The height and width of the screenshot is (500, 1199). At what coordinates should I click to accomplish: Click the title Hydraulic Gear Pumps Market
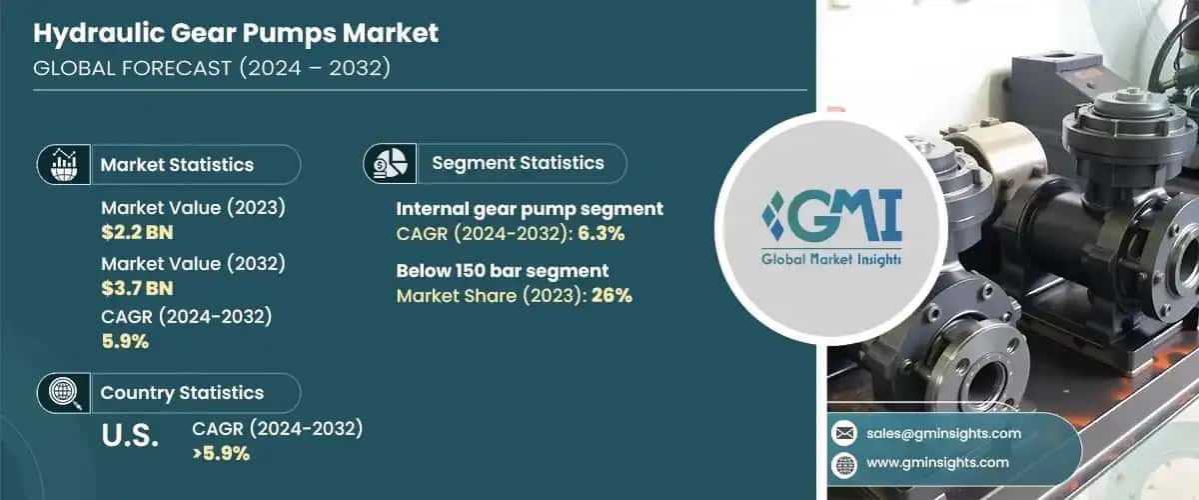pos(236,34)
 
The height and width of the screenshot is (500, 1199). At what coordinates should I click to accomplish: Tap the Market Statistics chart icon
pos(64,164)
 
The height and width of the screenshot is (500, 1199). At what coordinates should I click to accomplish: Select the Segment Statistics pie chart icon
pos(390,162)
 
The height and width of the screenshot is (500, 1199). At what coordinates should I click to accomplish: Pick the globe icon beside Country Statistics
pos(64,393)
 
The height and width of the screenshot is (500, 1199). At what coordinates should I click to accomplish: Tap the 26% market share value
pos(611,295)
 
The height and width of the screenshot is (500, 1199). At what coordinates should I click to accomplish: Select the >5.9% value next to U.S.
pos(221,452)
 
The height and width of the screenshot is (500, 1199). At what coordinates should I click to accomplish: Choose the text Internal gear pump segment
pos(530,209)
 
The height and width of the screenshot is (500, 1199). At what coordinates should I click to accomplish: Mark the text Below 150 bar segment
pos(503,270)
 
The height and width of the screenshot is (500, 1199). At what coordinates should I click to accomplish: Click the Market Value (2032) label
pos(194,264)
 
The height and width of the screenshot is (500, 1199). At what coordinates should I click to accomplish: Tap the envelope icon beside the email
pos(844,433)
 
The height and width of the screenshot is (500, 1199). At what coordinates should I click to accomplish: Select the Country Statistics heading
pos(182,393)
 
